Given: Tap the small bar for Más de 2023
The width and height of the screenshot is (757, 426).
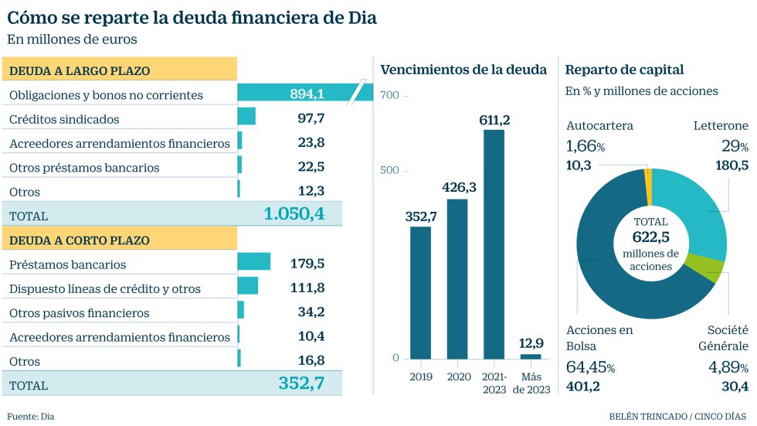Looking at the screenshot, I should pos(531,356).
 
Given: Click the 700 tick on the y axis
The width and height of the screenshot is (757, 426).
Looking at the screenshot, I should pos(389,95).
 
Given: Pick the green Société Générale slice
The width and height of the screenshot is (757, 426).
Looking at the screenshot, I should pos(715,268).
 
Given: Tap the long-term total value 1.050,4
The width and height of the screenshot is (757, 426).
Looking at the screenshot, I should pos(294,214).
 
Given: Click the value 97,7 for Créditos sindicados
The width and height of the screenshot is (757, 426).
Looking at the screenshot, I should pos(311,118).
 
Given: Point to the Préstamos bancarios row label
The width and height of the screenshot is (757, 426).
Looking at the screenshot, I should pos(67,264).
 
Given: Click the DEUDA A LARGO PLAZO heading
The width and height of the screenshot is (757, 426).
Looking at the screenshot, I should pos(79,71).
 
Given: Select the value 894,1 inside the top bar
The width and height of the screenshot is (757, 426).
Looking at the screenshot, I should pos(307,94).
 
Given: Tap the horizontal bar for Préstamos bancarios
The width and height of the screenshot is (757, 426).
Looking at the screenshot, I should pos(253,261).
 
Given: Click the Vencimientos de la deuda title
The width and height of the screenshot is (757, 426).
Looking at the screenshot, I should pos(463,70).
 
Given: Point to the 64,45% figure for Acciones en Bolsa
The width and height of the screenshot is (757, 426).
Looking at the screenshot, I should pos(590,367).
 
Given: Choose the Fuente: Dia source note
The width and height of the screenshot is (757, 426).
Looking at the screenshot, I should pos(31,416).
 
